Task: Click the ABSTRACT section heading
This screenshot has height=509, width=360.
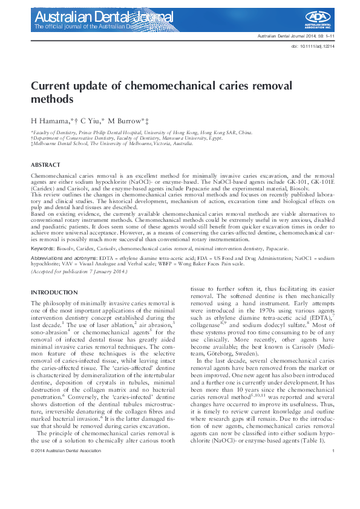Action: tap(45, 165)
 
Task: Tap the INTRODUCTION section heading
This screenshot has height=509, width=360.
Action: tap(54, 293)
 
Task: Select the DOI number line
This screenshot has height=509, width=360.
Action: tap(313, 45)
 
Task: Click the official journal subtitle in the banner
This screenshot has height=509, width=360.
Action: tap(91, 27)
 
